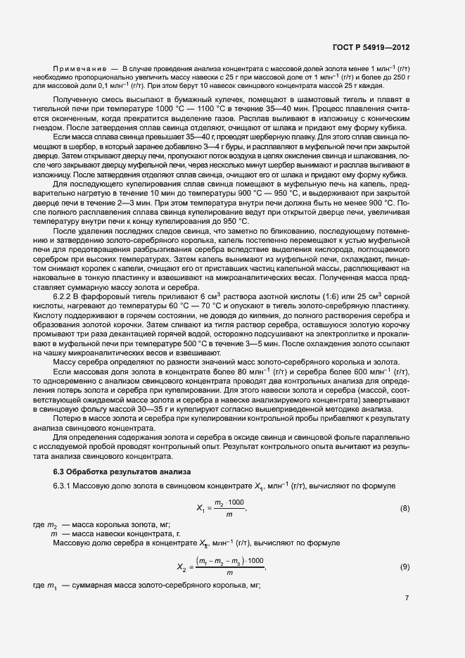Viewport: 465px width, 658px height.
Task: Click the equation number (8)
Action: click(x=405, y=507)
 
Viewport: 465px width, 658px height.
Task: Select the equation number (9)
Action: click(x=405, y=566)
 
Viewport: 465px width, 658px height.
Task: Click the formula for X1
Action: click(x=221, y=508)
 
